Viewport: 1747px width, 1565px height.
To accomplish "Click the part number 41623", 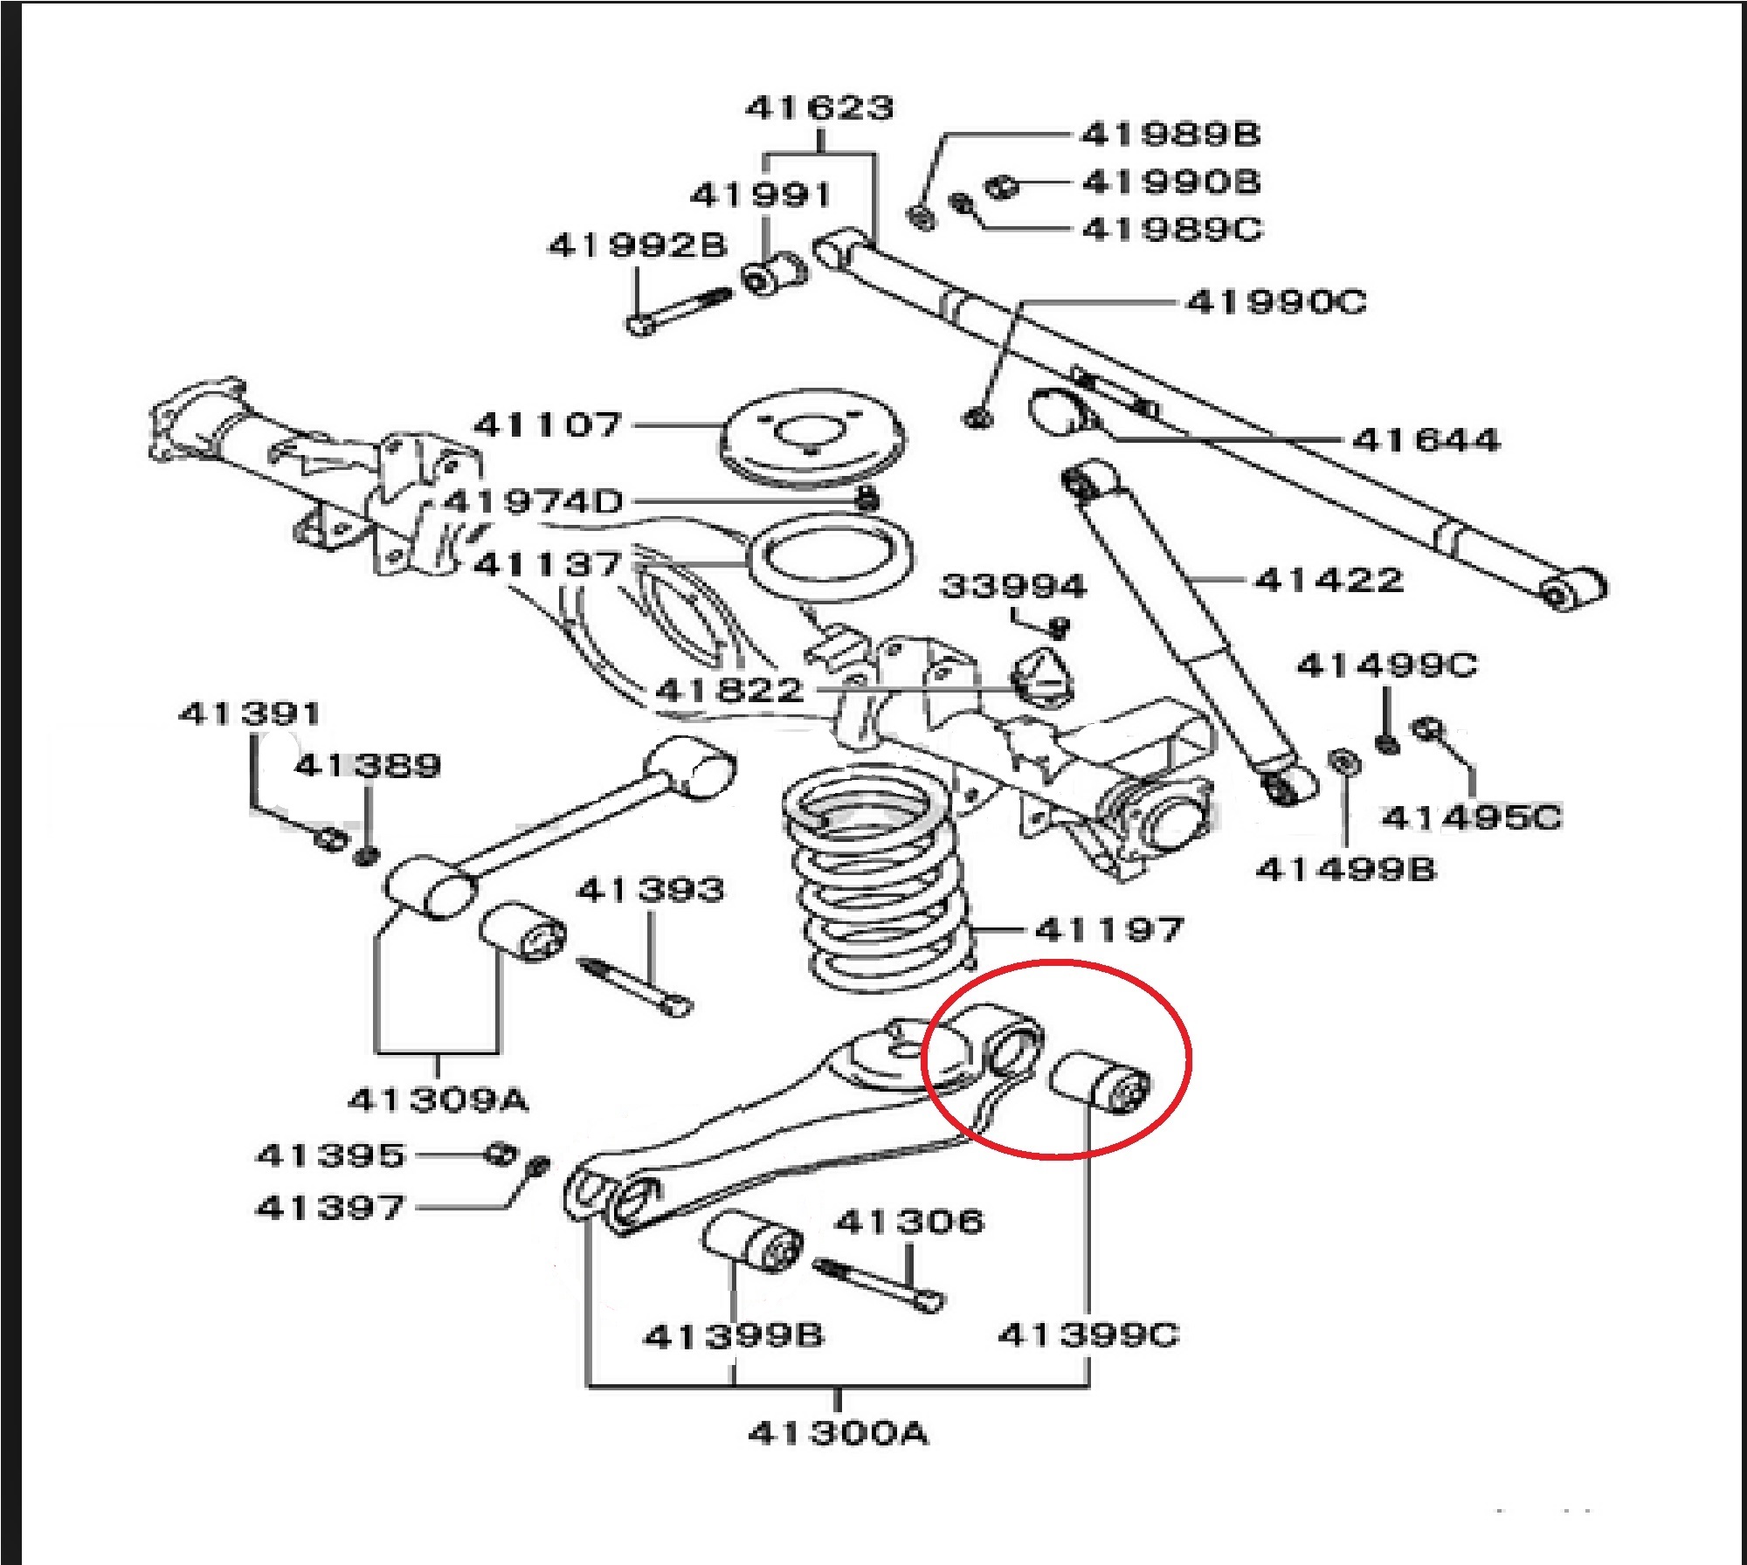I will (819, 108).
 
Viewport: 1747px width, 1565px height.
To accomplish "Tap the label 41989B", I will (1170, 134).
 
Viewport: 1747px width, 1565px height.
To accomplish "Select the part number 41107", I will (547, 425).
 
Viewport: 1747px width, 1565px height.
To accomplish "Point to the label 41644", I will (1426, 439).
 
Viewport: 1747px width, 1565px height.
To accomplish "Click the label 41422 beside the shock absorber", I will (1329, 579).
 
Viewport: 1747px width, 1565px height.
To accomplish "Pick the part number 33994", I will (1013, 586).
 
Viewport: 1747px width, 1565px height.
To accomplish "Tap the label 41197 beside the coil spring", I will (1109, 929).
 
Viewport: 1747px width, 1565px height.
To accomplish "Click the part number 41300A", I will (839, 1433).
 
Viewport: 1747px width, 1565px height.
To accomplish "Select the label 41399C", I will (1088, 1334).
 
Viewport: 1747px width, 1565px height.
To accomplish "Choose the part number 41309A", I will (438, 1100).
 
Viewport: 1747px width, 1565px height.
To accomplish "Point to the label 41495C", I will (1471, 818).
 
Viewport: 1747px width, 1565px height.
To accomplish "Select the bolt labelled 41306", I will (879, 1284).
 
